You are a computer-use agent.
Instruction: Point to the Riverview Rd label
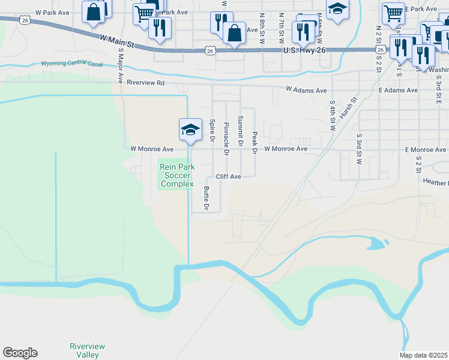point(145,82)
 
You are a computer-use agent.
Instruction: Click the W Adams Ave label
point(306,90)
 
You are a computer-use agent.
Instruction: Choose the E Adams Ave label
point(398,90)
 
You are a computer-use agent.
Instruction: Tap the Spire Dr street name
point(212,131)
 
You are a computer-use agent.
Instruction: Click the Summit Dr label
point(241,131)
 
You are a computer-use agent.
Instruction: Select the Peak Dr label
point(255,143)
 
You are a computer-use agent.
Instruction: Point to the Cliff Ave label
point(228,177)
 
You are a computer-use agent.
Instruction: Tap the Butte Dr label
point(206,198)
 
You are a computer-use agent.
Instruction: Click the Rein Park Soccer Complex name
point(176,175)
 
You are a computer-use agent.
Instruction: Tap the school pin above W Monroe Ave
point(190,130)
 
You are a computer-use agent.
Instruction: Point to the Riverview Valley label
point(88,350)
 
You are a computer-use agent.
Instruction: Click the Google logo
point(20,353)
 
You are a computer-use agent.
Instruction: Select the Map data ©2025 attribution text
point(424,355)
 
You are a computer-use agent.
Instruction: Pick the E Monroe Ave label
point(426,149)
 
